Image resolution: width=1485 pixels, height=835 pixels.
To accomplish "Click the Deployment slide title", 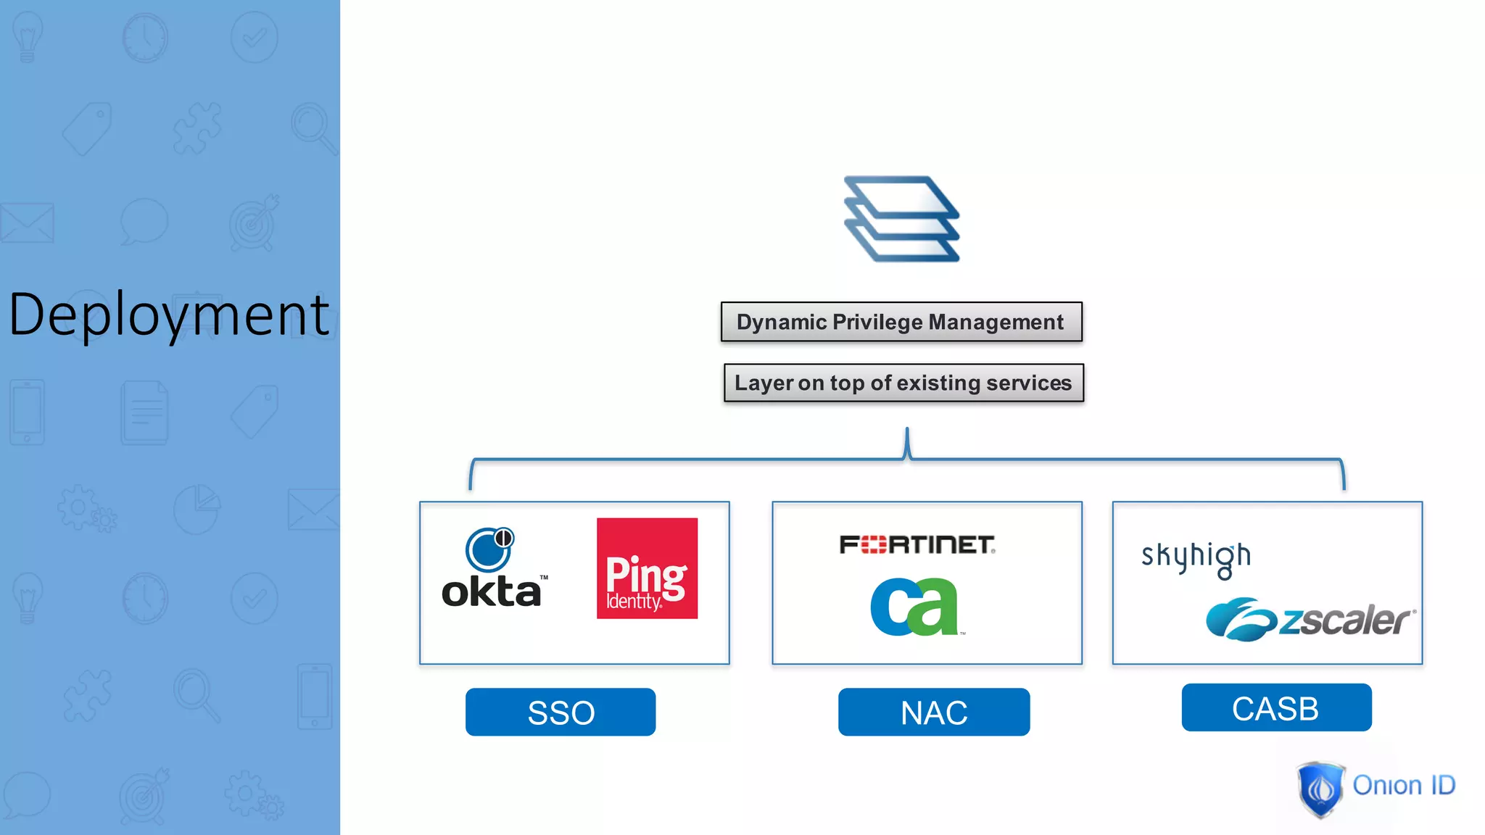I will (x=168, y=315).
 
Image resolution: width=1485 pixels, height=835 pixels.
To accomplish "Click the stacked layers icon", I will (x=901, y=219).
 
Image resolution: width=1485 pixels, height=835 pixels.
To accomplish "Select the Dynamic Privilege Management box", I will (x=901, y=322).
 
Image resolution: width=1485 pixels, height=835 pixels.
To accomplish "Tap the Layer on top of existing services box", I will (x=903, y=383).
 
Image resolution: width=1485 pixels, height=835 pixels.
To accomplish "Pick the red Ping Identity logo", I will (x=647, y=568).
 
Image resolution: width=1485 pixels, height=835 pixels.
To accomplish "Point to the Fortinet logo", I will (x=917, y=545).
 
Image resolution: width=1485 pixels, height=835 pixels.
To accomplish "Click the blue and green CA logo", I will (x=915, y=607).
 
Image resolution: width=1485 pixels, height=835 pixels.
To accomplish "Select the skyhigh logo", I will (x=1196, y=558).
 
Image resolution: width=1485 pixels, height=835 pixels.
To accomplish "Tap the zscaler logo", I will (x=1310, y=620).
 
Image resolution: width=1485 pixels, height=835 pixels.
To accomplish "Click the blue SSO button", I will (x=561, y=712).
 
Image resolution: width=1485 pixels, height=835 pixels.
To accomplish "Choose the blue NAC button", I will (x=934, y=712).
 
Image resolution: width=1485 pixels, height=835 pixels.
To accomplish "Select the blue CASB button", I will (x=1276, y=707).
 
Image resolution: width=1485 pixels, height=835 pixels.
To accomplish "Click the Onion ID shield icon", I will (x=1320, y=789).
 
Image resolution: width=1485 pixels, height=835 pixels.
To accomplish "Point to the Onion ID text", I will (x=1404, y=786).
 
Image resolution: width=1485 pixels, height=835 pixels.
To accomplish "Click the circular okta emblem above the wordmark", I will (x=489, y=549).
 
